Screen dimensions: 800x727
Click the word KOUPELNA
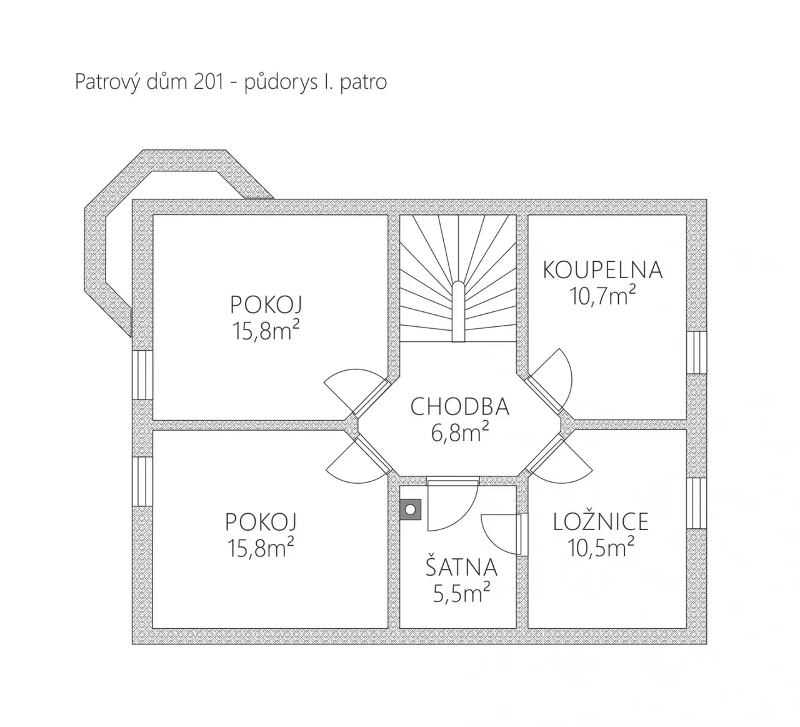click(602, 270)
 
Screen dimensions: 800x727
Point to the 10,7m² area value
click(602, 296)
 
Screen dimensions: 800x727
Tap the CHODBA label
click(459, 406)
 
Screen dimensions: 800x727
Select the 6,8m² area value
click(459, 432)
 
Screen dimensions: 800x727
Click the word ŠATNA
click(461, 566)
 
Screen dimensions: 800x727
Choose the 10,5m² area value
click(601, 547)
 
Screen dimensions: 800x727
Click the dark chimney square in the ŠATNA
click(411, 509)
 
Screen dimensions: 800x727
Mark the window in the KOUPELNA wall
click(697, 353)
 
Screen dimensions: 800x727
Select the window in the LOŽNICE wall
click(697, 503)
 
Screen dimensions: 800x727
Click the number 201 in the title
click(209, 82)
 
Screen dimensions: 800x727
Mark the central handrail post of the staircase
click(458, 312)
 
